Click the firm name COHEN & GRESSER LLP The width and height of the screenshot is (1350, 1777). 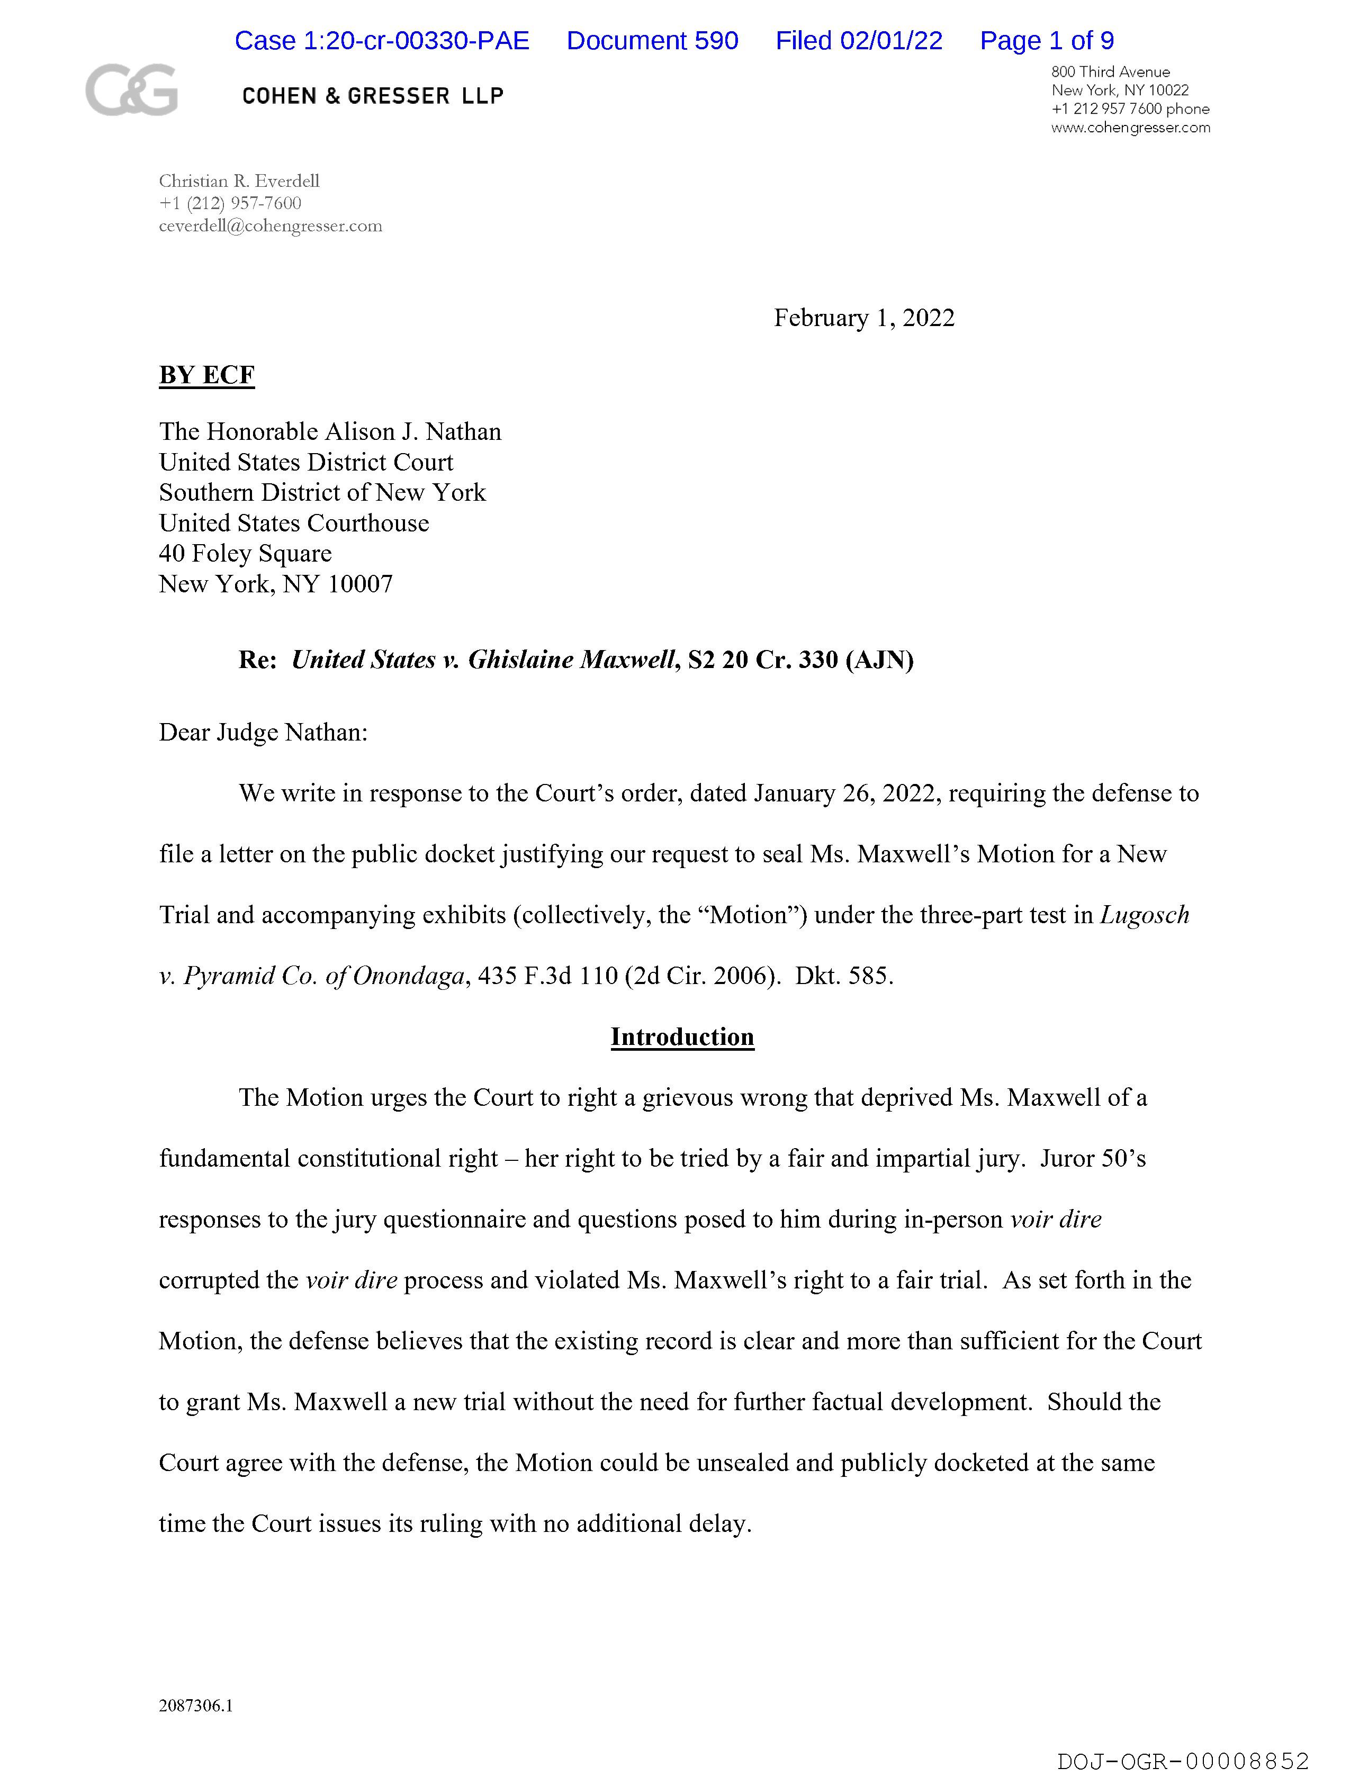(373, 96)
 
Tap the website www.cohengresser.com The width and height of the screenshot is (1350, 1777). (1130, 128)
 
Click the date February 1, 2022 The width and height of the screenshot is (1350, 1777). (864, 318)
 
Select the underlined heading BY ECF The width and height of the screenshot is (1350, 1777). (206, 375)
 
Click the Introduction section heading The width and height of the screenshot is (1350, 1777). (682, 1036)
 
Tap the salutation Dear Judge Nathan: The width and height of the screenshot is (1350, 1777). (263, 733)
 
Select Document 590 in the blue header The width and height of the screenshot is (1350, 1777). (652, 40)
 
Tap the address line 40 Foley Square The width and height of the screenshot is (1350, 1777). (245, 554)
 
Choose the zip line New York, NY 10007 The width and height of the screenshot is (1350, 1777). (276, 584)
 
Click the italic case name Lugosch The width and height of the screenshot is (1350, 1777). (1144, 915)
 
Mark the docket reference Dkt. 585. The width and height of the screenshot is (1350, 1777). (844, 976)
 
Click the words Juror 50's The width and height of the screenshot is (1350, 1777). (1093, 1158)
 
